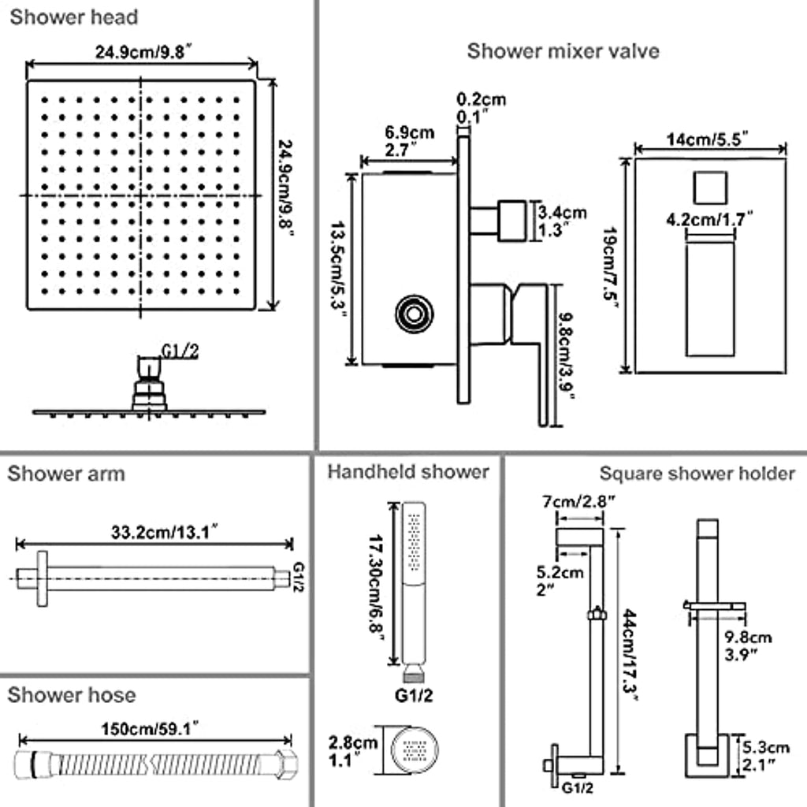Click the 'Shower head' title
(x=74, y=17)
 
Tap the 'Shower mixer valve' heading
(x=563, y=51)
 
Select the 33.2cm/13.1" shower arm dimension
(x=164, y=532)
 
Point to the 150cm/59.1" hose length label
(x=150, y=729)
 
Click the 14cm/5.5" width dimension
(x=707, y=139)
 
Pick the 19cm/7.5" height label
(x=611, y=267)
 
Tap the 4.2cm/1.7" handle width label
(x=709, y=220)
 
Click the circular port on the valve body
(x=415, y=314)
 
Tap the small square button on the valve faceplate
(x=710, y=188)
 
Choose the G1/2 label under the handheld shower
(x=414, y=696)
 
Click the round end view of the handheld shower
(x=415, y=749)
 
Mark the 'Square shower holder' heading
(x=697, y=474)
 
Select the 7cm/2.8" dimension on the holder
(x=578, y=501)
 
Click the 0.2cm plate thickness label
(x=482, y=99)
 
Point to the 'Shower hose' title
(x=72, y=695)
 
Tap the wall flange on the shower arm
(x=43, y=578)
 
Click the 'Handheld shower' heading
(x=409, y=472)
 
